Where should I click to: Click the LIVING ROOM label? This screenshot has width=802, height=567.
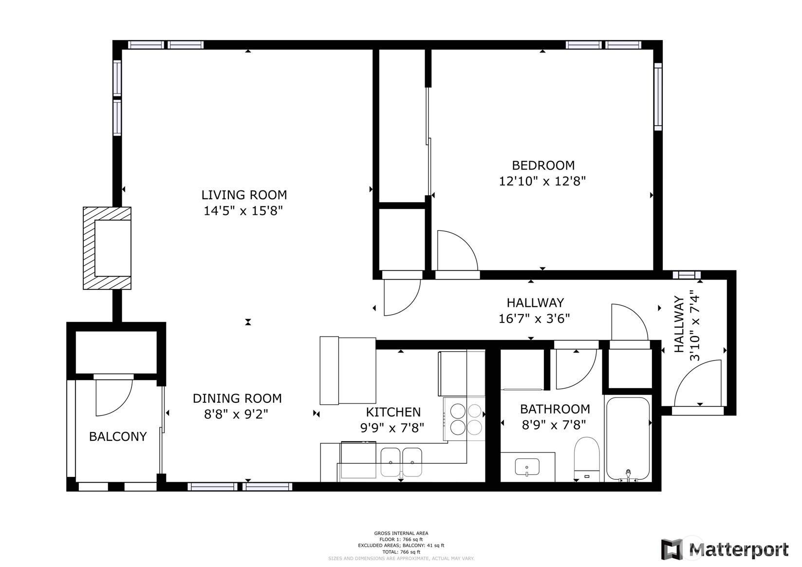click(244, 195)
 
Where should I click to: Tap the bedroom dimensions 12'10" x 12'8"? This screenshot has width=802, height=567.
click(542, 181)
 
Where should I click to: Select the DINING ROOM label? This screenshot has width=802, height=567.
click(237, 398)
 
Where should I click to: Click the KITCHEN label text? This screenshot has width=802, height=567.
click(393, 412)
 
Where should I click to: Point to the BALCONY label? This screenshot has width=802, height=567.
click(118, 436)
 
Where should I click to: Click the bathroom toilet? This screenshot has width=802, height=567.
click(586, 458)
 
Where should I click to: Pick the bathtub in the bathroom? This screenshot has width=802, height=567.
click(628, 438)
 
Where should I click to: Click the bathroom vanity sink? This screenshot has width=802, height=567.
click(527, 467)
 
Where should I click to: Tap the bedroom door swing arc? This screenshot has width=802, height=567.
click(457, 250)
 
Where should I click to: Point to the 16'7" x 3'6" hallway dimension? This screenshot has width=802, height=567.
click(534, 319)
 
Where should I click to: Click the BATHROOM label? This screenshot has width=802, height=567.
click(555, 409)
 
